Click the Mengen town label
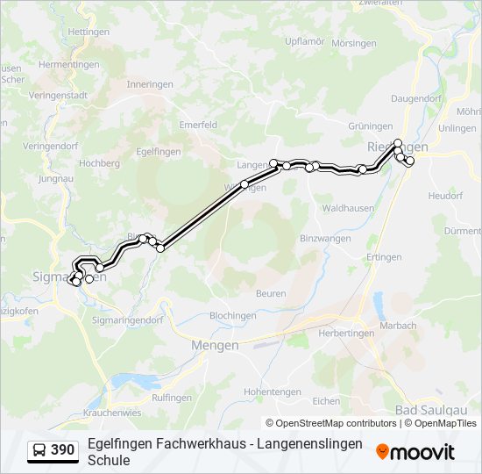(215, 345)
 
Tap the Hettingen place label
(88, 32)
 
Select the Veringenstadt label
(58, 96)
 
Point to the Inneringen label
(150, 84)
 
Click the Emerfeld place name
(198, 126)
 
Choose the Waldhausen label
(348, 208)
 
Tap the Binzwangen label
(325, 239)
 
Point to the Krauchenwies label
(112, 412)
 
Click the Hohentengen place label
(273, 391)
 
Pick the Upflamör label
(305, 41)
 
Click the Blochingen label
(232, 315)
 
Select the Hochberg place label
(99, 163)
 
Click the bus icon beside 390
(39, 450)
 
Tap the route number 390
(63, 450)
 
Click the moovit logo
(415, 452)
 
